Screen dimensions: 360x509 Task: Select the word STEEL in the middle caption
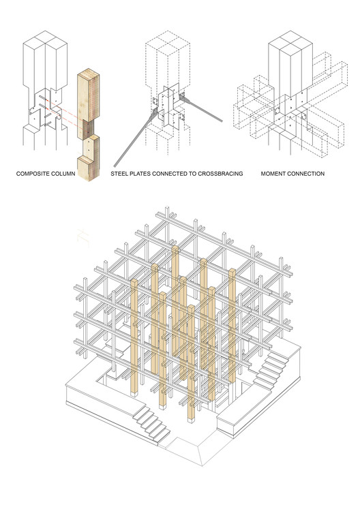point(118,174)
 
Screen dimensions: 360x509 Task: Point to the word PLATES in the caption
point(139,174)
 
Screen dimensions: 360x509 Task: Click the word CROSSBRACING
point(220,174)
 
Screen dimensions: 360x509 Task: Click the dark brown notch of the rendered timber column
point(87,129)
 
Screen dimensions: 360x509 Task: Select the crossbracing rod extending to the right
point(201,109)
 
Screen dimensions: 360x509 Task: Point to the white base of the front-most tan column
point(192,420)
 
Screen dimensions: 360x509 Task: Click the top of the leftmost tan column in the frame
point(134,282)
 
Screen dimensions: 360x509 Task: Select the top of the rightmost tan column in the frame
point(232,272)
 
